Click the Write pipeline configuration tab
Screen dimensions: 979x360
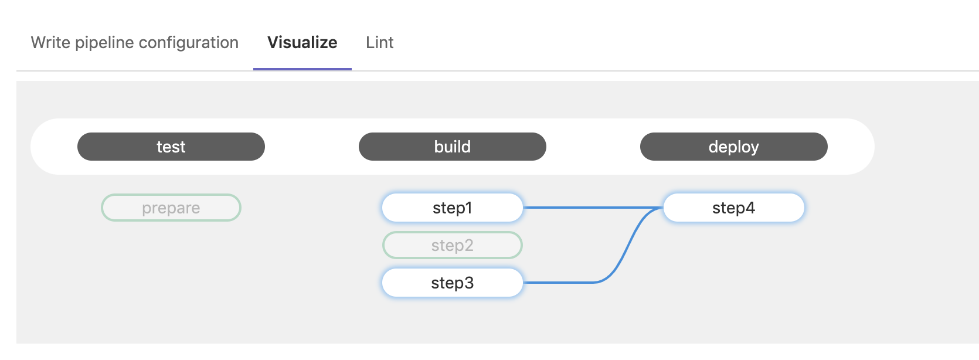click(x=135, y=43)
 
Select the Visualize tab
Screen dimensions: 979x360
click(x=302, y=43)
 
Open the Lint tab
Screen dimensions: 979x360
click(x=380, y=43)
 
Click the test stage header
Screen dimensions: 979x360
click(x=171, y=147)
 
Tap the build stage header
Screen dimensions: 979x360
click(x=453, y=147)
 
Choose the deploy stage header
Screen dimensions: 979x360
click(x=734, y=147)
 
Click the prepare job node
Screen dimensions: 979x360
click(x=171, y=208)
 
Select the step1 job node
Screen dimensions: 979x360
click(x=453, y=208)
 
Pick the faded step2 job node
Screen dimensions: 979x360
click(x=453, y=245)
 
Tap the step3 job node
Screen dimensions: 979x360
click(x=453, y=283)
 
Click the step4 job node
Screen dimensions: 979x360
click(x=734, y=208)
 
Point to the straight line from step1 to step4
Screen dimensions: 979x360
click(x=593, y=208)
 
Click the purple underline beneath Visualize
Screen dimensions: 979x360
click(x=302, y=69)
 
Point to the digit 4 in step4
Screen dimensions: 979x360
click(x=750, y=208)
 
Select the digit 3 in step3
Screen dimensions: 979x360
click(x=468, y=283)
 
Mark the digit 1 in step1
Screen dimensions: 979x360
click(x=468, y=208)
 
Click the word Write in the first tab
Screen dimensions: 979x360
click(x=50, y=43)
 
